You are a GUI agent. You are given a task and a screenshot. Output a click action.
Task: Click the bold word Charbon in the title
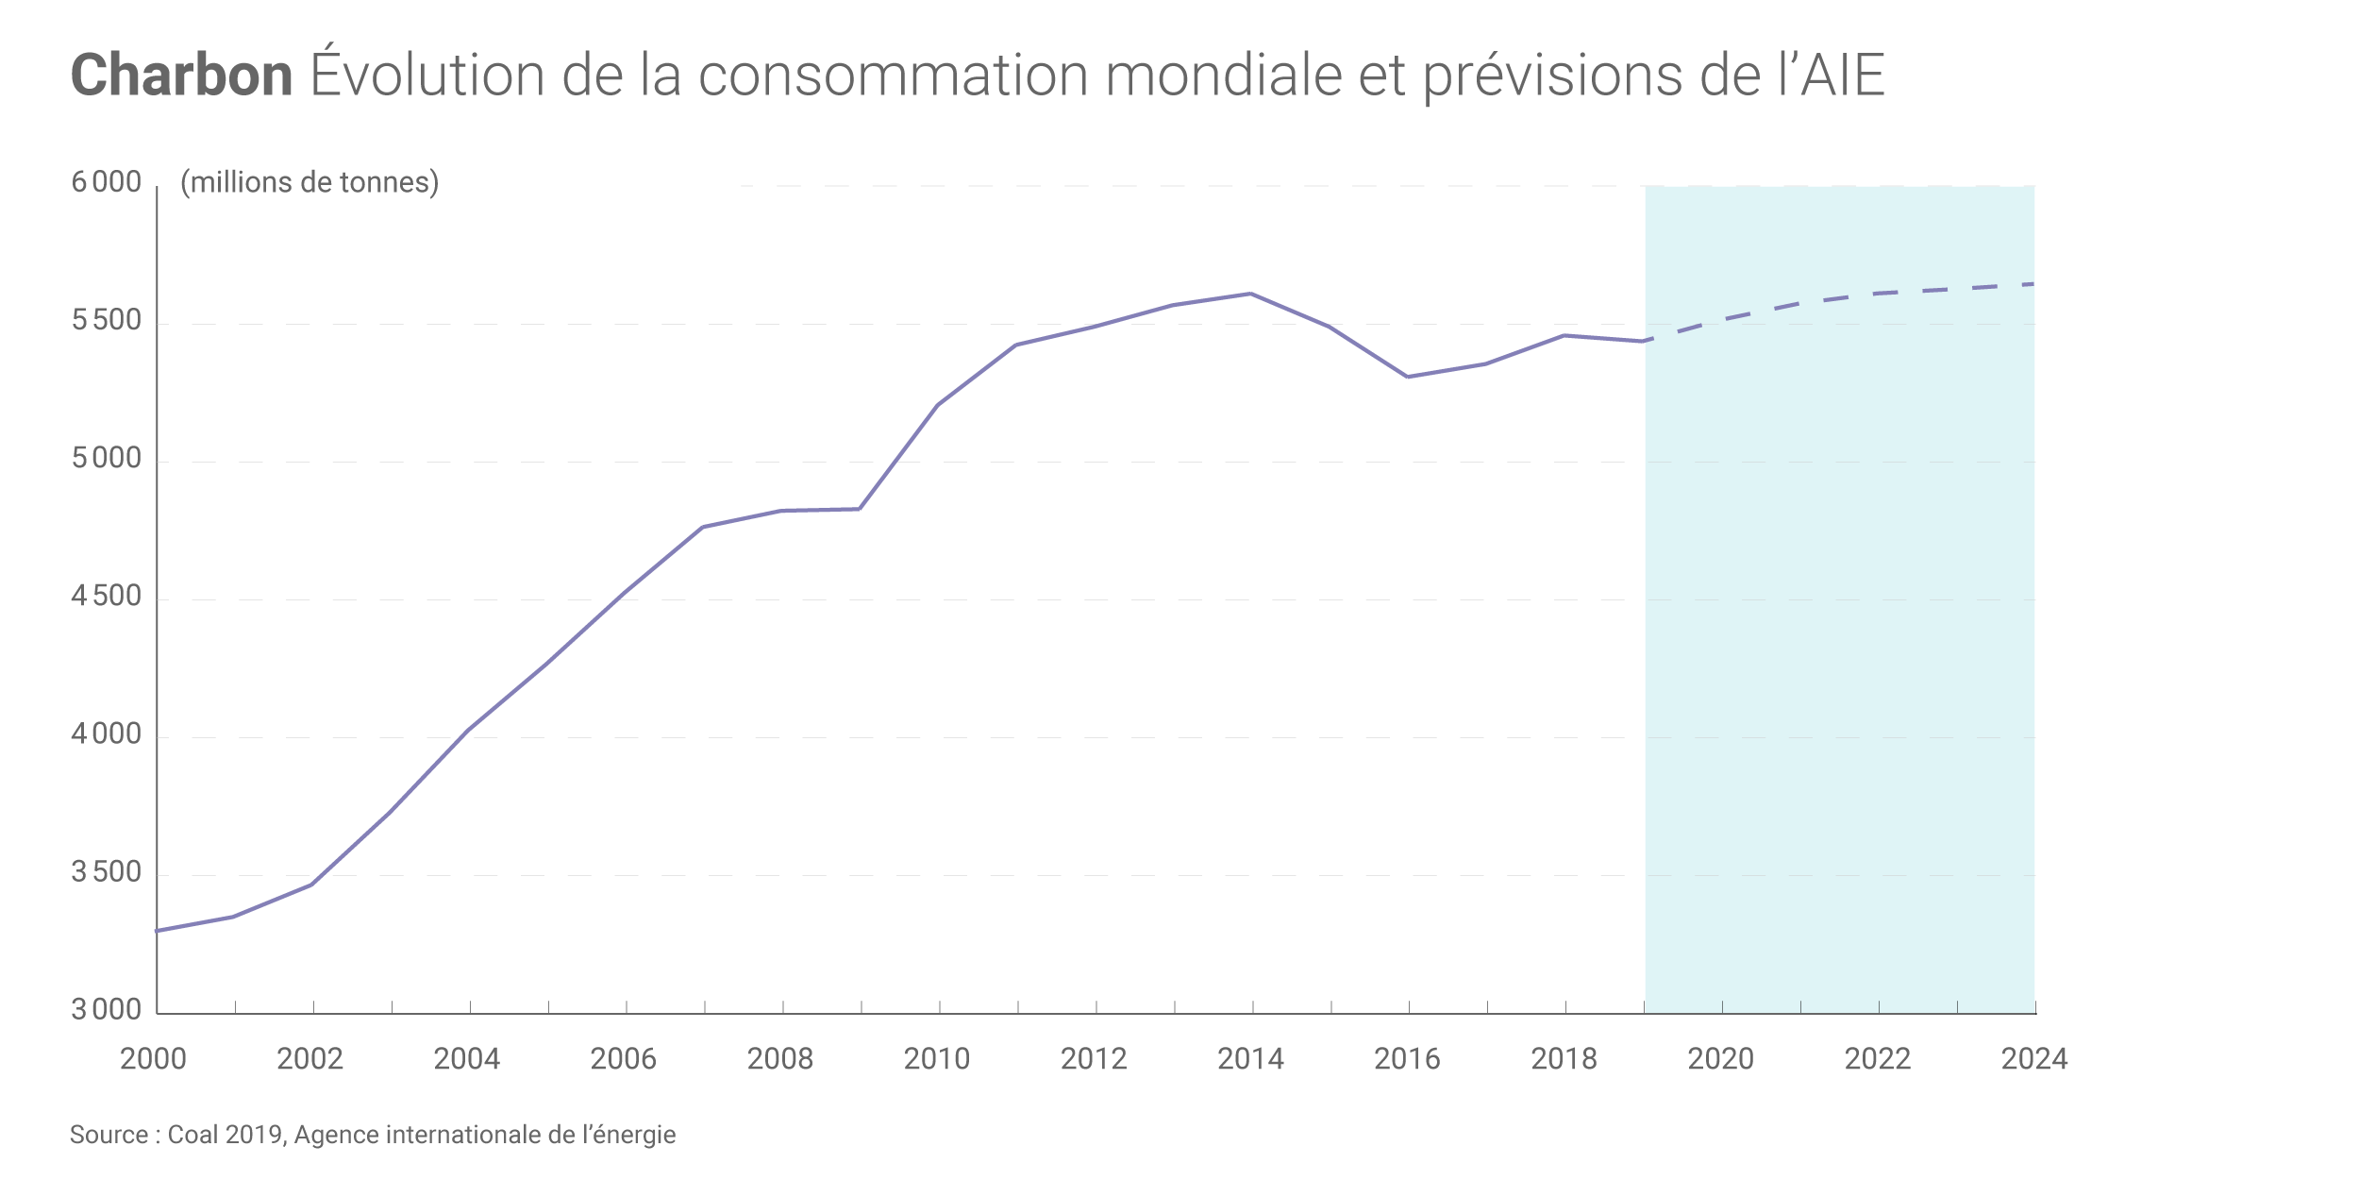pos(181,76)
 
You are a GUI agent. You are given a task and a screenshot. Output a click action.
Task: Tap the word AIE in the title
pos(1842,76)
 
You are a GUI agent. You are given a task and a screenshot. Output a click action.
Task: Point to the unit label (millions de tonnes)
pos(310,182)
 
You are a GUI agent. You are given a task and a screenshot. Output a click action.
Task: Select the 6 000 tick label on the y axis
pos(107,182)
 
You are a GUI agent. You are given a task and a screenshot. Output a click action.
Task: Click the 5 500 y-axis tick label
pos(107,321)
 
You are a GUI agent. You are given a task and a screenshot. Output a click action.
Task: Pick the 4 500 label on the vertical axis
pos(107,597)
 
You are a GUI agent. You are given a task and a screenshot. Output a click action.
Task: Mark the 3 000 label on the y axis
pos(107,1010)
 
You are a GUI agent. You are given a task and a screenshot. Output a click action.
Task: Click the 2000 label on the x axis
pos(154,1059)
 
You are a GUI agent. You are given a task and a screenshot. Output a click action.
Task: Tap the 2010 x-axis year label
pos(937,1059)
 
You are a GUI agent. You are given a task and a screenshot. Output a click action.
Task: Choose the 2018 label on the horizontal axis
pos(1564,1059)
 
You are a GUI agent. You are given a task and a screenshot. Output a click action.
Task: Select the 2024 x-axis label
pos(2034,1059)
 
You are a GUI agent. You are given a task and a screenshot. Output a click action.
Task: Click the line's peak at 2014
pos(1251,294)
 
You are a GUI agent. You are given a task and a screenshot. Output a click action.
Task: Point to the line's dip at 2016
pos(1408,377)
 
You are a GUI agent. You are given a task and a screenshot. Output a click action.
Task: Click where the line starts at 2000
pos(158,931)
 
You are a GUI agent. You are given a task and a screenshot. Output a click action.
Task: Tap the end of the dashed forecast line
pos(2033,284)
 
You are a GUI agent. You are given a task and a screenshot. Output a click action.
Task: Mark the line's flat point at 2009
pos(860,509)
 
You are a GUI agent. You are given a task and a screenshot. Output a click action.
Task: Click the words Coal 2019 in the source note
pos(226,1135)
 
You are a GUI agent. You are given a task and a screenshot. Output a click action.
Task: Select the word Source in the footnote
pos(109,1135)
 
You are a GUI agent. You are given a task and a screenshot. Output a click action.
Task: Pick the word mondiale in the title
pos(1223,76)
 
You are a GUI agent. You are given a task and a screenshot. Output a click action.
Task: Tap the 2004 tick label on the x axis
pos(467,1059)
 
